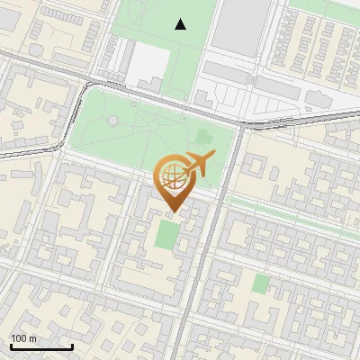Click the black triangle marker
pos(181,24)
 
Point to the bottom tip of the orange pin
pos(172,211)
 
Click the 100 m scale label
pos(23,338)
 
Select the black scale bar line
pos(40,346)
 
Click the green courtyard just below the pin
pos(167,235)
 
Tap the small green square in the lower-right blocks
pos(260,284)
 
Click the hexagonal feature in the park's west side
pos(112,119)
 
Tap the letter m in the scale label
pos(32,338)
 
